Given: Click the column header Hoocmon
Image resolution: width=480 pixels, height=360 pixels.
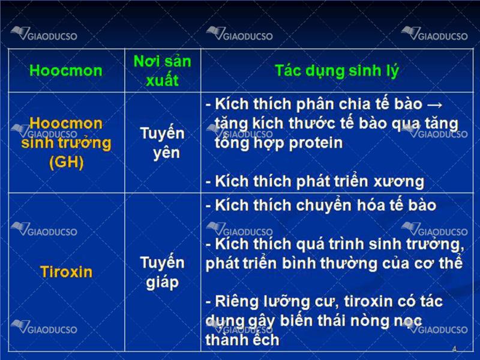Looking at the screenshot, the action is (x=66, y=71).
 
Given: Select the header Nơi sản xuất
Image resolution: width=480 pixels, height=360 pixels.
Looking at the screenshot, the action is (x=162, y=71).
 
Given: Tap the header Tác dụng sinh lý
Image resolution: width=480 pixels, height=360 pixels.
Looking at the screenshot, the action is (x=337, y=71).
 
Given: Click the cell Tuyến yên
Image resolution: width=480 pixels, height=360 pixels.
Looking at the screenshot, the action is (x=162, y=143).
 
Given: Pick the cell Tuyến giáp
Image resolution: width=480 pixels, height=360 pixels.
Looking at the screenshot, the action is (x=162, y=272).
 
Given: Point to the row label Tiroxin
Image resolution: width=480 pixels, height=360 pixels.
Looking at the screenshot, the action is (x=66, y=272).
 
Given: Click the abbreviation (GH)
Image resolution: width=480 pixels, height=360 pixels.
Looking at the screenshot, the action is (x=66, y=162).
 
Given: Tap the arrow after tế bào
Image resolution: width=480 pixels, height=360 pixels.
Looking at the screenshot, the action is (x=434, y=105).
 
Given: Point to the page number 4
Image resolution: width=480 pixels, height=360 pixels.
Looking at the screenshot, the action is (x=454, y=349).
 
